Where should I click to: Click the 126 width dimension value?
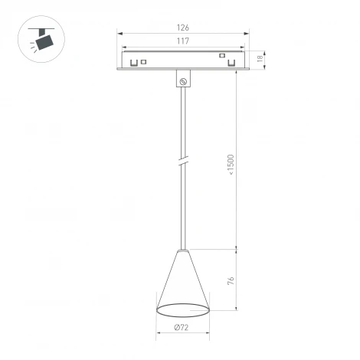point(183,28)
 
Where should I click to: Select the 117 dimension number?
point(183,41)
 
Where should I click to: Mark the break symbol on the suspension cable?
point(183,162)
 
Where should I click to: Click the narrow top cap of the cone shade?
point(182,251)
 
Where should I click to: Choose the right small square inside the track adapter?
point(223,55)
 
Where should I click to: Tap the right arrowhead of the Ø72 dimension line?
point(208,335)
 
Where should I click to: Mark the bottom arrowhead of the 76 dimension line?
point(236,310)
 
